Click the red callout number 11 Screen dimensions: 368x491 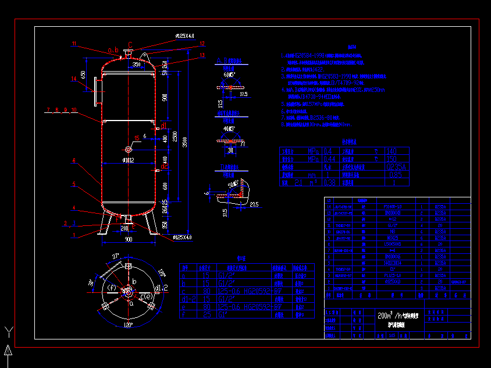(74, 44)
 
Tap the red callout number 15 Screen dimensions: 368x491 (137, 138)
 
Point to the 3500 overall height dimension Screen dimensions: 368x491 (185, 141)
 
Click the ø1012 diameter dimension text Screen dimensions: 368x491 (128, 159)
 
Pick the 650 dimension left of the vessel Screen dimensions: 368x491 (84, 75)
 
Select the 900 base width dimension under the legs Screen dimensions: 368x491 (128, 239)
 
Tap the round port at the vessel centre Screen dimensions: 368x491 (128, 150)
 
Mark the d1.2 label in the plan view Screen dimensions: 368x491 (161, 287)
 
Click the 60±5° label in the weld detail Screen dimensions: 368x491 (229, 75)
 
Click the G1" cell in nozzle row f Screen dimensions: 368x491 (224, 314)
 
